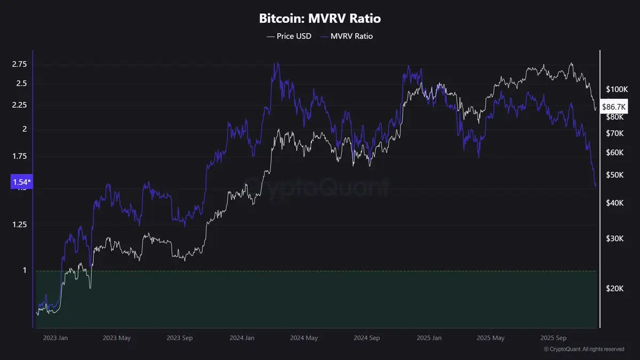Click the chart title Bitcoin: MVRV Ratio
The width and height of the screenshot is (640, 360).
pos(320,19)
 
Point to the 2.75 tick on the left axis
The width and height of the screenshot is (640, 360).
pos(19,64)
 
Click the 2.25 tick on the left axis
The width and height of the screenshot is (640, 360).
pos(19,105)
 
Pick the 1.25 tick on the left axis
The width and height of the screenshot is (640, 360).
pos(19,225)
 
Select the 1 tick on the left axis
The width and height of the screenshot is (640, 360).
pos(25,270)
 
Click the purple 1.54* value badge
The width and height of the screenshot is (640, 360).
pos(21,182)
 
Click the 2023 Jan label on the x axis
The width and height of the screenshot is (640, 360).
pos(55,338)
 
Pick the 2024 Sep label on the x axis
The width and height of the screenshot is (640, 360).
pos(367,338)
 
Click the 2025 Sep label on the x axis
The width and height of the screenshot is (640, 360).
pos(553,338)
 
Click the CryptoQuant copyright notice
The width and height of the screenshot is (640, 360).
pos(584,349)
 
